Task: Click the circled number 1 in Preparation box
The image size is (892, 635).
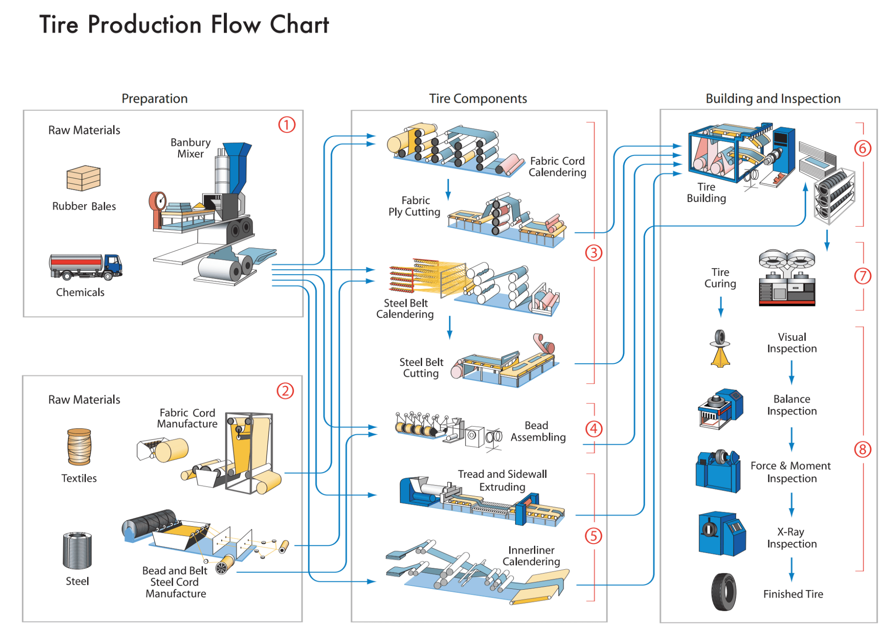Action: point(287,125)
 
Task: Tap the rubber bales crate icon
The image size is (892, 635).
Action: point(83,178)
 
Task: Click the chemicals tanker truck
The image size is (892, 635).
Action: point(85,266)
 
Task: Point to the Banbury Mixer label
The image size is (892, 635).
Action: point(190,148)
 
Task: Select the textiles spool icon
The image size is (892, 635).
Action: point(79,447)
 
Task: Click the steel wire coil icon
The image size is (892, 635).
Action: point(77,551)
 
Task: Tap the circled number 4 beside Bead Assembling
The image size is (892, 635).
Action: point(594,429)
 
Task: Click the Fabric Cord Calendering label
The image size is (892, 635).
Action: point(557,167)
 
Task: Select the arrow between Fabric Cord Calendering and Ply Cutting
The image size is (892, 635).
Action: point(448,189)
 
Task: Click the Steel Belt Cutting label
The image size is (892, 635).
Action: point(421,368)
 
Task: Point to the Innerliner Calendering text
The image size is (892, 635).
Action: point(531,556)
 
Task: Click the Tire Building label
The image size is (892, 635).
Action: point(706,192)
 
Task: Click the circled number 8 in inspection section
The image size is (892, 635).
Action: point(862,449)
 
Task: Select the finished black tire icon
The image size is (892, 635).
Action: point(723,592)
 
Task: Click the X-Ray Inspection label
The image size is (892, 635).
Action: point(791,538)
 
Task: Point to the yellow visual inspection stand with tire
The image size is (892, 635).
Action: point(720,349)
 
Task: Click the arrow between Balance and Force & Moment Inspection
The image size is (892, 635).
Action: point(791,439)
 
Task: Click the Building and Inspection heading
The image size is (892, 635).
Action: point(773,99)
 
